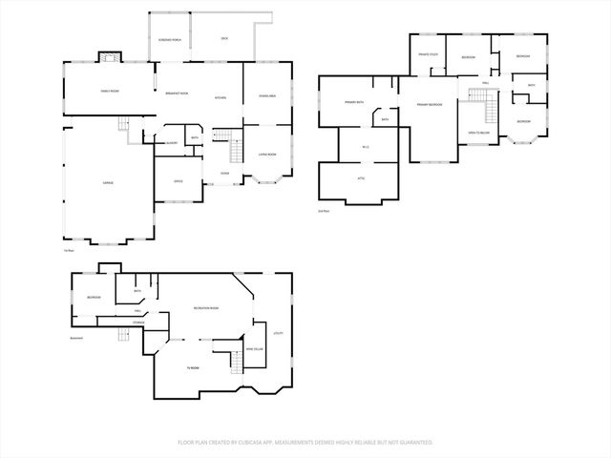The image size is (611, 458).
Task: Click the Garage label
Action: (95, 181)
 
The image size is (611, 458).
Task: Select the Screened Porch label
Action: (170, 40)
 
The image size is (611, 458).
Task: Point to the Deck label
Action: (224, 38)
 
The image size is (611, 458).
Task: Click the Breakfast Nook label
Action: (177, 94)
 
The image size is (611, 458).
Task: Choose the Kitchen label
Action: (220, 98)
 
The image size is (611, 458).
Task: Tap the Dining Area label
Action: (267, 95)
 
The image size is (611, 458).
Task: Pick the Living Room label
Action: (267, 154)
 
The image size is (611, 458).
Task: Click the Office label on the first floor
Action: (179, 180)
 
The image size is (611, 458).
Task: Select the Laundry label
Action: (172, 142)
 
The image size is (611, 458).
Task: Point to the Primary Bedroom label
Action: (428, 104)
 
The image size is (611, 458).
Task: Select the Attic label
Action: (361, 178)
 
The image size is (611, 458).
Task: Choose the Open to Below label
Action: (477, 132)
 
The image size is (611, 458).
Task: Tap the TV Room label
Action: (193, 367)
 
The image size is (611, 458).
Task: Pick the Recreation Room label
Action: (206, 308)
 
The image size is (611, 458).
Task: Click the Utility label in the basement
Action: (279, 333)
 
